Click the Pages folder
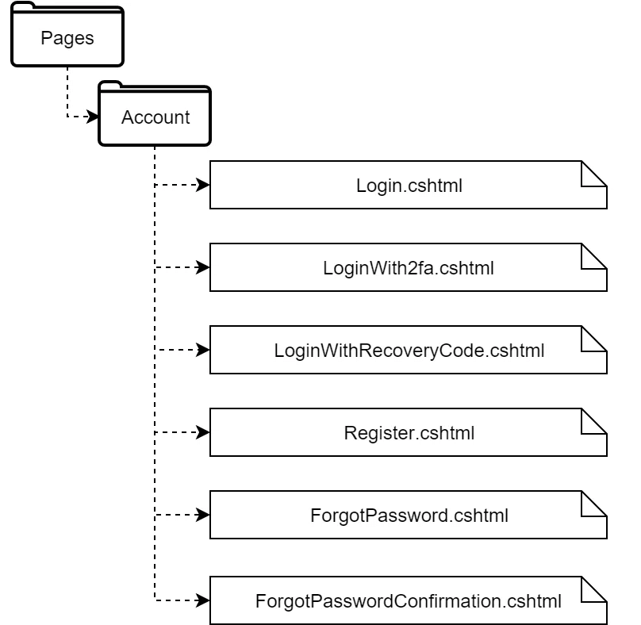(x=67, y=38)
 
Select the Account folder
(x=155, y=117)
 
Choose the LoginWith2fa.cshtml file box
(x=409, y=268)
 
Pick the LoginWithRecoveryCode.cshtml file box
(x=409, y=350)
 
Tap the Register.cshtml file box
(x=409, y=433)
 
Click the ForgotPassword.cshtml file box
(x=409, y=516)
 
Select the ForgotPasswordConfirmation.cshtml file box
(x=409, y=600)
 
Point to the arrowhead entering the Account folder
(x=92, y=117)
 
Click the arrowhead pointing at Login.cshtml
(x=203, y=186)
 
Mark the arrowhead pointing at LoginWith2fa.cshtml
(x=203, y=268)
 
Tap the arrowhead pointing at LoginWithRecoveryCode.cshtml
(x=203, y=350)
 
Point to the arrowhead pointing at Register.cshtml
(x=203, y=433)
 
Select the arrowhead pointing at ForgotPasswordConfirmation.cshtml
(x=203, y=599)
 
